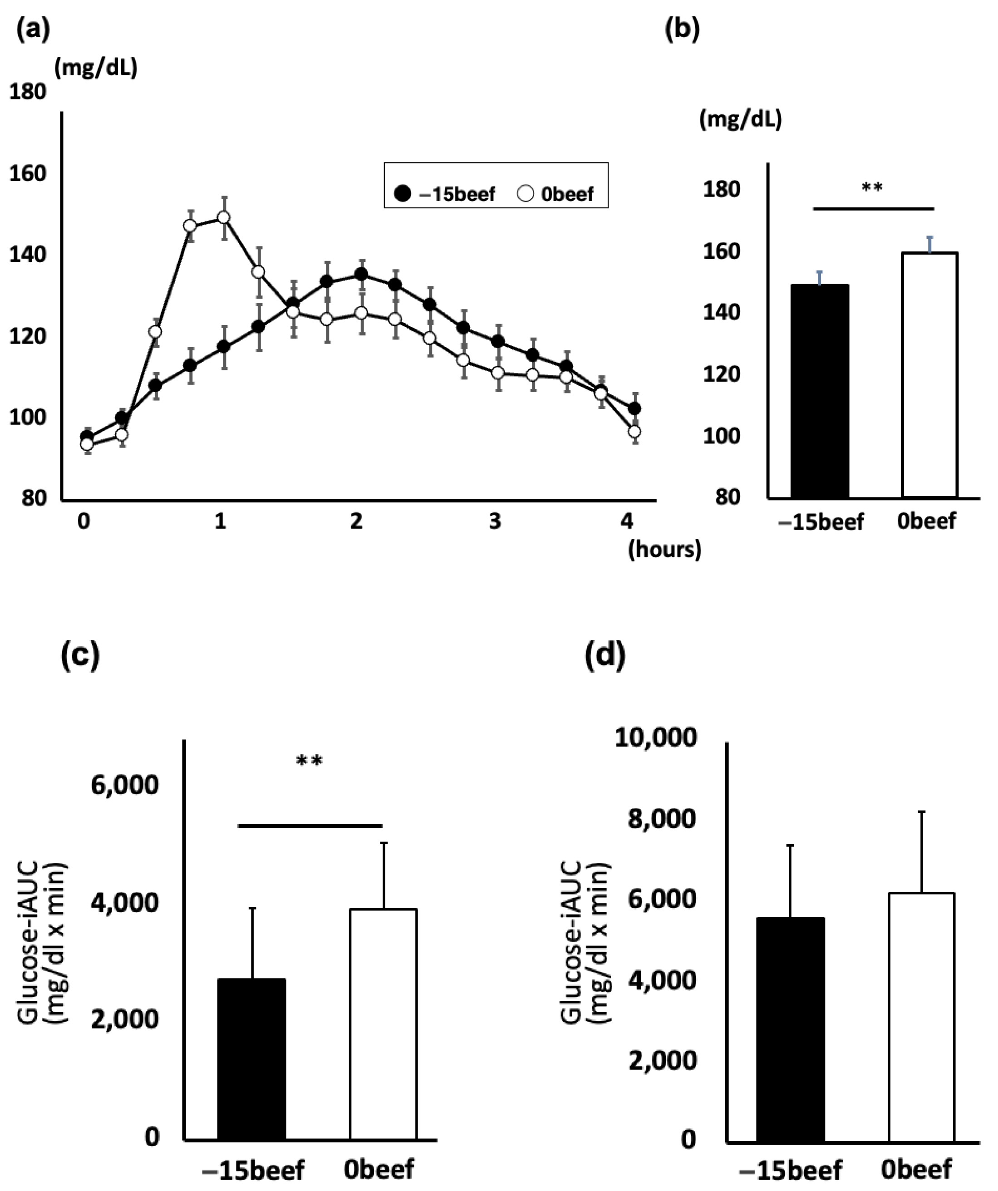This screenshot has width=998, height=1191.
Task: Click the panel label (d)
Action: pos(605,655)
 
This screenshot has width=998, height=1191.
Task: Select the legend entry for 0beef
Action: pos(556,194)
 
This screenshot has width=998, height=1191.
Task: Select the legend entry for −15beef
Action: pos(446,194)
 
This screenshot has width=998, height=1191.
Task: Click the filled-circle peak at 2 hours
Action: pos(361,275)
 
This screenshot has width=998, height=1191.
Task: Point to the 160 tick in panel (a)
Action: pos(27,173)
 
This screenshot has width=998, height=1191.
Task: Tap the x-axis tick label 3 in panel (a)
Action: pos(495,521)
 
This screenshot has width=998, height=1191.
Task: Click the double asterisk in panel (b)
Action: pos(872,188)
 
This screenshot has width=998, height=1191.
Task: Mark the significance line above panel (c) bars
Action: pos(310,826)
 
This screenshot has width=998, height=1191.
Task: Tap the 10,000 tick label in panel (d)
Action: pos(655,737)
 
